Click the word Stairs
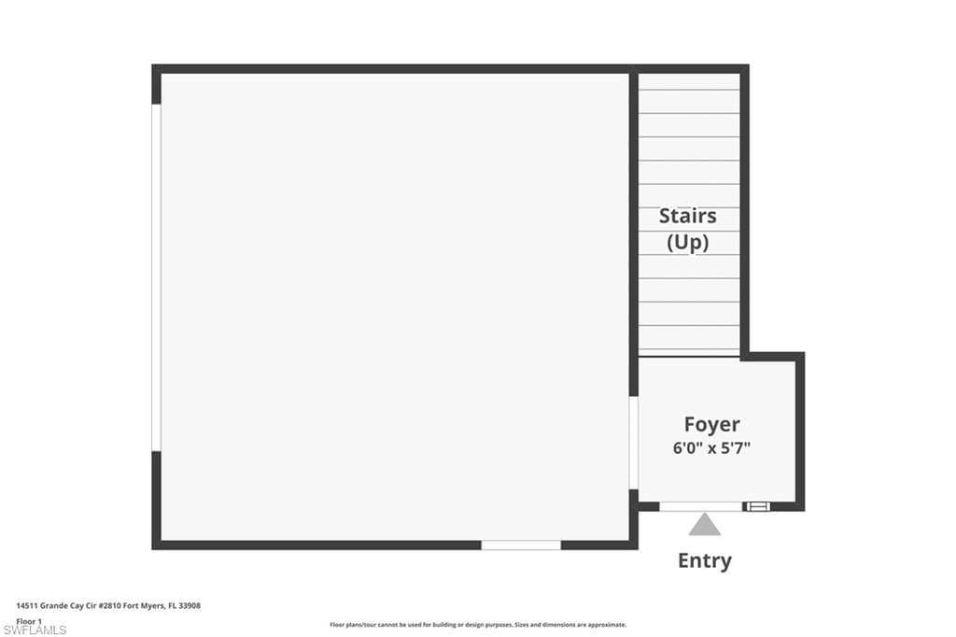point(688,216)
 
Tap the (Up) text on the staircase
point(688,242)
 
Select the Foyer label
point(711,424)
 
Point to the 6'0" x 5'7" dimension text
point(711,447)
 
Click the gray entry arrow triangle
point(705,525)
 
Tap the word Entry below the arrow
point(705,560)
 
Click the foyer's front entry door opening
point(701,506)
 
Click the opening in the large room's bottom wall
point(521,545)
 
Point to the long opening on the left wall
point(156,277)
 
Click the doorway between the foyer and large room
point(634,443)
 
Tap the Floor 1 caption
point(29,622)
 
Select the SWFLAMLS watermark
point(35,630)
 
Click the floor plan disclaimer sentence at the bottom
point(478,625)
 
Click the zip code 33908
point(190,606)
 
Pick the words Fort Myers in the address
point(143,606)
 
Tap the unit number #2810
point(110,606)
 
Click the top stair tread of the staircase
point(689,82)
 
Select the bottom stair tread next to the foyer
point(689,353)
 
